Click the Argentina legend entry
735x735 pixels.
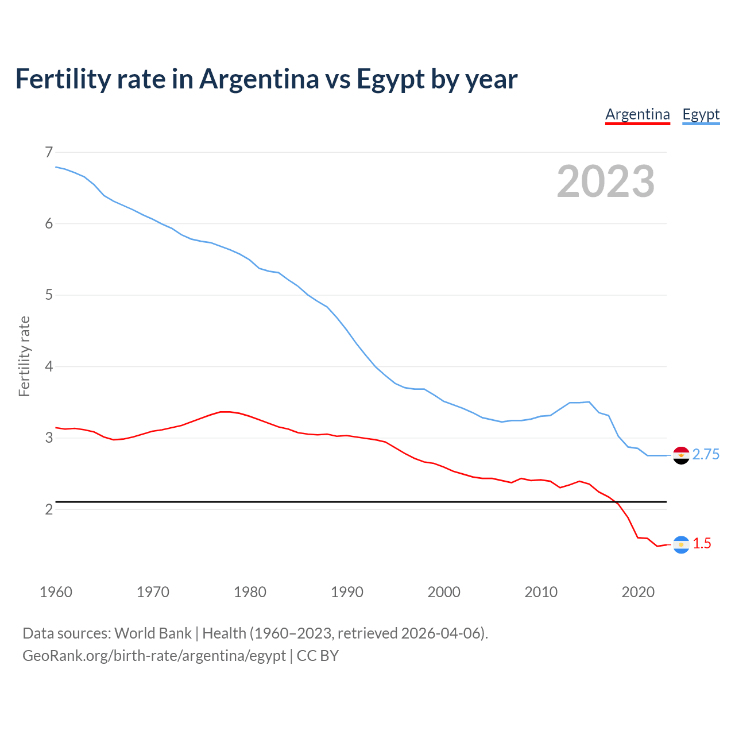[x=637, y=114]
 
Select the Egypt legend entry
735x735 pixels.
[x=701, y=114]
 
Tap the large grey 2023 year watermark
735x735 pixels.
[x=606, y=181]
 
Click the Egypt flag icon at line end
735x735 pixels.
[x=681, y=455]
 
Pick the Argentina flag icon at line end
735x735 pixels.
[x=681, y=544]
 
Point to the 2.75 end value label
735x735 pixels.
[x=706, y=455]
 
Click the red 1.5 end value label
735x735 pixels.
[x=702, y=544]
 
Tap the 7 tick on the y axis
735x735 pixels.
[x=48, y=152]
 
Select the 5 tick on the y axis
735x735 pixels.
[x=48, y=295]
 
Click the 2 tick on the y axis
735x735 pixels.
[x=48, y=509]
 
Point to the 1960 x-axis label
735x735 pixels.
[x=56, y=592]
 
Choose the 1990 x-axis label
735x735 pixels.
[x=347, y=592]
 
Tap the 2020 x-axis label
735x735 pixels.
[x=638, y=592]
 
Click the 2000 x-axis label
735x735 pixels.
[x=444, y=592]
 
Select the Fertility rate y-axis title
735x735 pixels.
[x=24, y=356]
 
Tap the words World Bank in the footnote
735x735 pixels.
[x=153, y=633]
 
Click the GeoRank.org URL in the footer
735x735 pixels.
[x=154, y=656]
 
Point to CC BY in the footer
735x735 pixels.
[x=318, y=656]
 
